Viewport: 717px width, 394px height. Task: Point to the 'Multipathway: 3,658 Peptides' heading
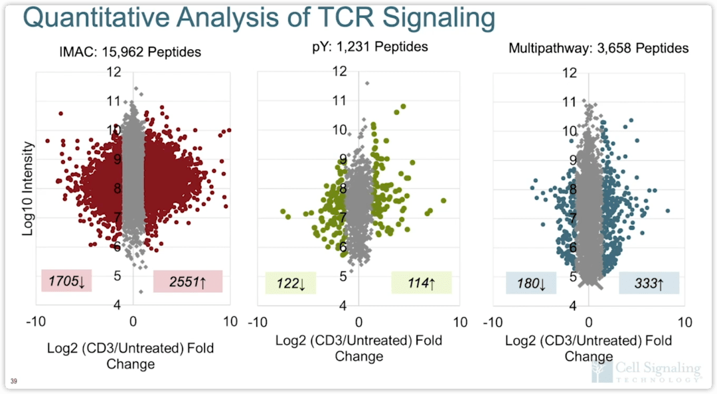tap(598, 48)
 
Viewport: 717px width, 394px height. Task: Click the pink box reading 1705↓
tap(66, 281)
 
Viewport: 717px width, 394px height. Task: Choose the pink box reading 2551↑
tap(187, 281)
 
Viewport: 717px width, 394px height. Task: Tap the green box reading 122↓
tap(290, 283)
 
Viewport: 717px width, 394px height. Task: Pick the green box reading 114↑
tap(421, 283)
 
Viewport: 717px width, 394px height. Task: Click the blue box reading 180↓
tap(530, 283)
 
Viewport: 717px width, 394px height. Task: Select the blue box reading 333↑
tap(648, 283)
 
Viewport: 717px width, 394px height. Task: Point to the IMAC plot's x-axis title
tap(131, 356)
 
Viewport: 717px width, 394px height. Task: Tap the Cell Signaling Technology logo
tap(645, 371)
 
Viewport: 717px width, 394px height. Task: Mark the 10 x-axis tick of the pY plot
tap(459, 322)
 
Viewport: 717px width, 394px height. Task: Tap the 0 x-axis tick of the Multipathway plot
tap(589, 322)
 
